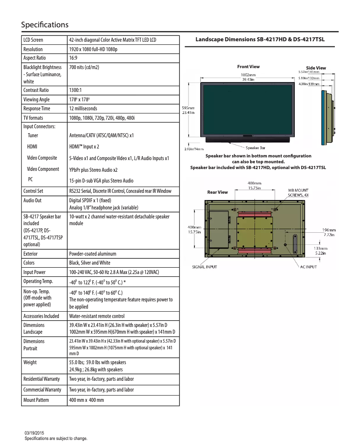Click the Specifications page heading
click(x=44, y=24)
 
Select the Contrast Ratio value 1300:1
click(x=75, y=90)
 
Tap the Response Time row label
click(x=37, y=109)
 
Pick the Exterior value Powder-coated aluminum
click(x=89, y=253)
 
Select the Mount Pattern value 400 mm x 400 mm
click(x=86, y=400)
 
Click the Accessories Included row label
click(x=41, y=316)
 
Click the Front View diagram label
click(x=248, y=67)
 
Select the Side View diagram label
click(x=316, y=68)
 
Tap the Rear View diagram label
click(x=217, y=192)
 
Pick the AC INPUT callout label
click(x=308, y=267)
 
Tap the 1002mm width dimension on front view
click(x=248, y=74)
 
